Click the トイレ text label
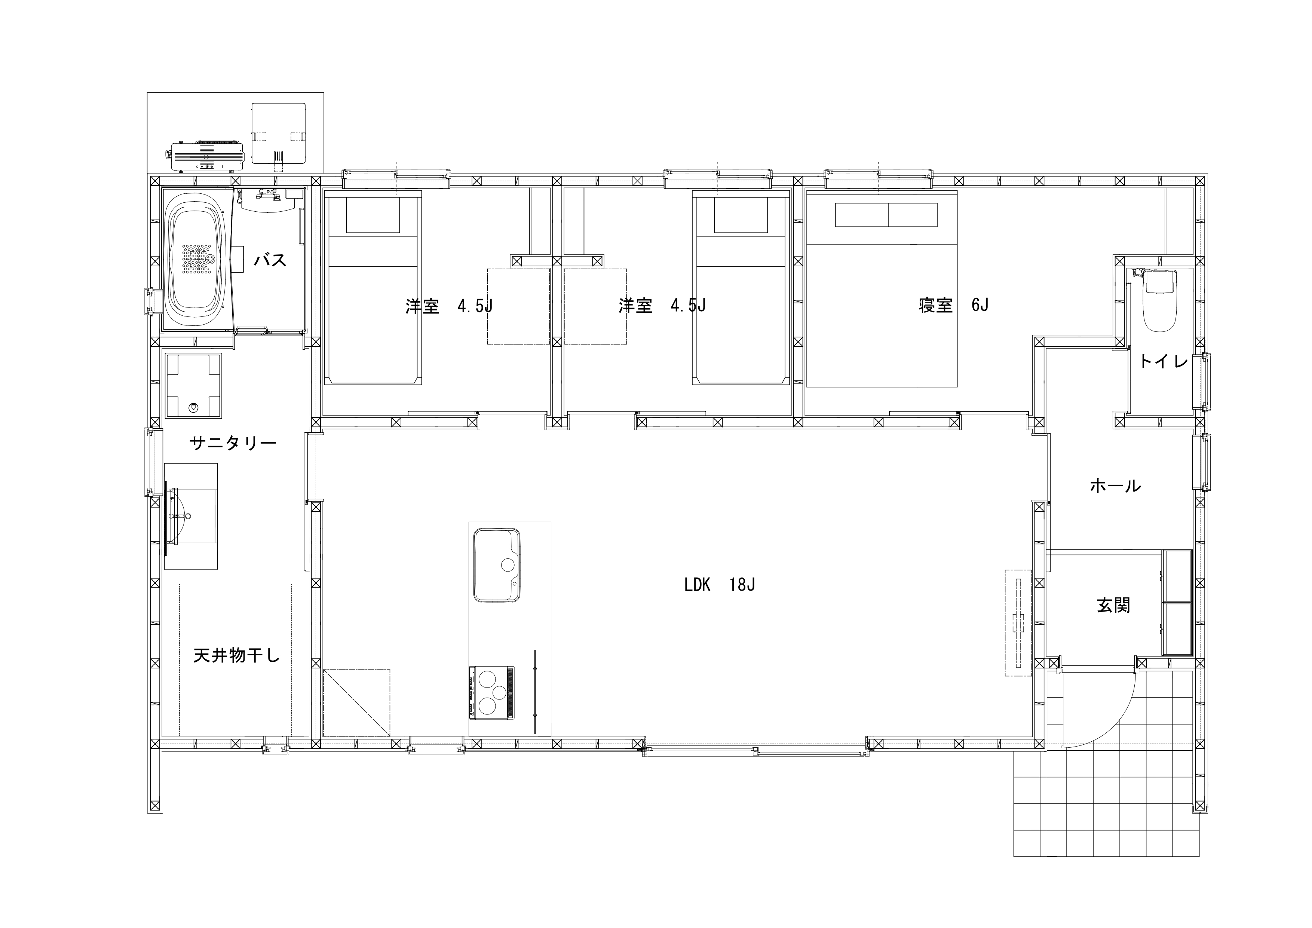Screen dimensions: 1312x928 1164,361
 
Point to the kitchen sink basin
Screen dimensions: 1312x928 497,565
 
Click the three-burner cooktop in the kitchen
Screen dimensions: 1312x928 491,693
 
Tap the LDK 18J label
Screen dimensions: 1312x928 720,585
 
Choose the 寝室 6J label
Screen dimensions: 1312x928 953,306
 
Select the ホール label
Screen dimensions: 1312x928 1115,486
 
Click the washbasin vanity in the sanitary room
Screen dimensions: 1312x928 191,516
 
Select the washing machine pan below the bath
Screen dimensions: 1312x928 193,386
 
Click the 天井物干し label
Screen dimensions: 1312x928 237,655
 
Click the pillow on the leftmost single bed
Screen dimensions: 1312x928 373,215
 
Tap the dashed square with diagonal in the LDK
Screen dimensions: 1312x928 356,703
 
